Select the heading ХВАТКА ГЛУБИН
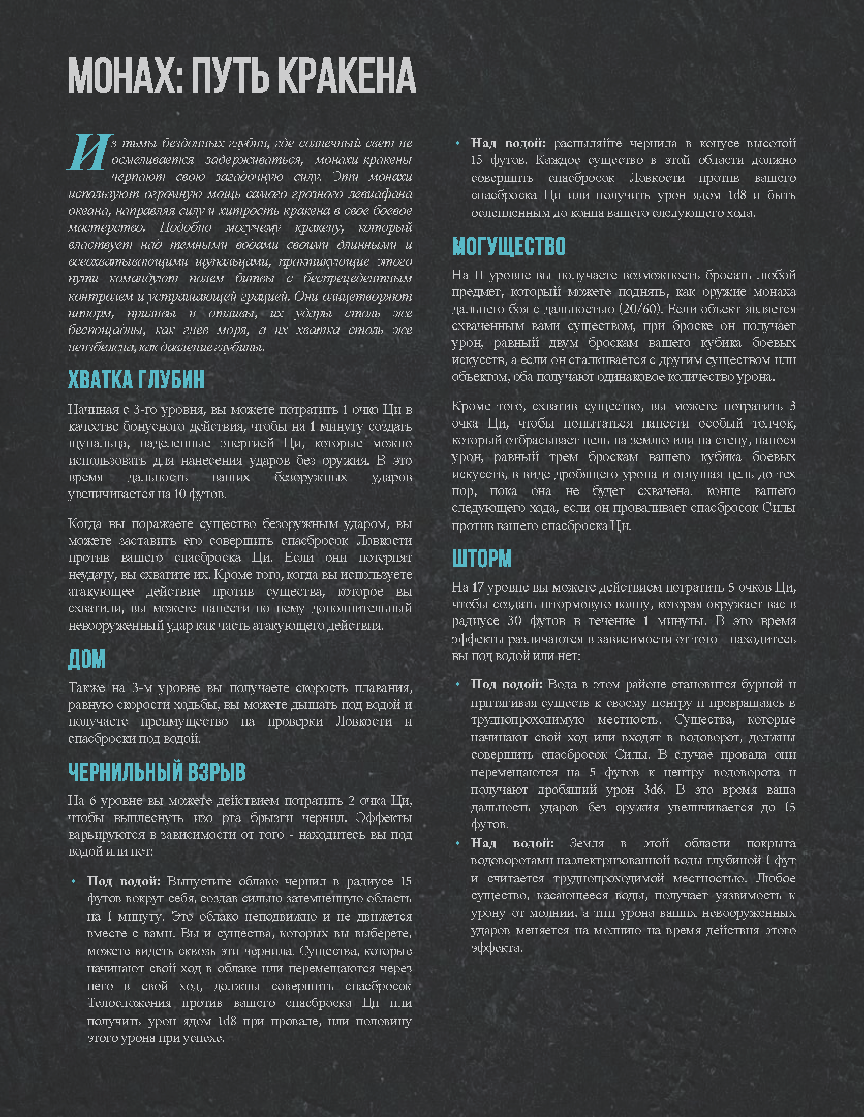click(136, 379)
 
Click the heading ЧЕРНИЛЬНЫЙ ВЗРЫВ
click(157, 772)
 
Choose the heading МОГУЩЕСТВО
click(508, 247)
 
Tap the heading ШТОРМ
click(482, 558)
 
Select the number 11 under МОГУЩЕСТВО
click(479, 275)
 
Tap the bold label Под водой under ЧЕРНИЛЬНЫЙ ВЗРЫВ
click(123, 881)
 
